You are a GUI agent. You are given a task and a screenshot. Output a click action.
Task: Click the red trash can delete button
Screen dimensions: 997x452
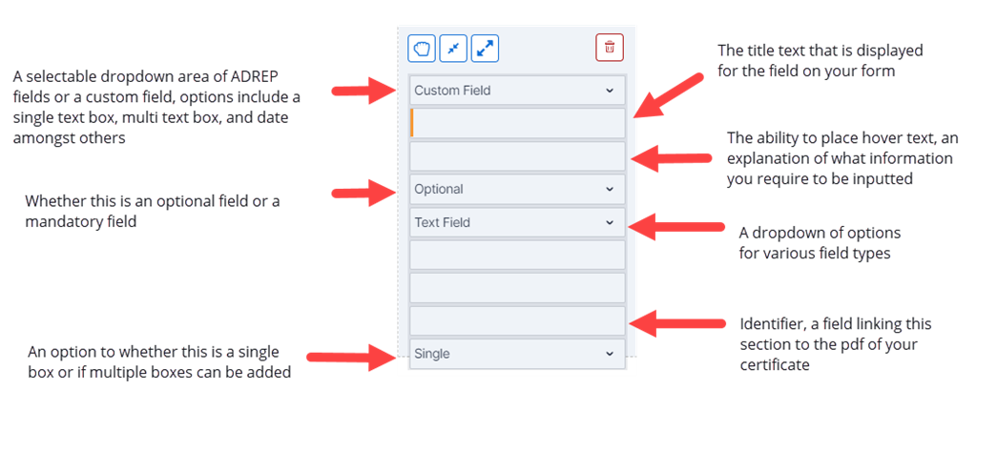click(610, 48)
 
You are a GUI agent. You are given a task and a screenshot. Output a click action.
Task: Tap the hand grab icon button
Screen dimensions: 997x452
click(423, 48)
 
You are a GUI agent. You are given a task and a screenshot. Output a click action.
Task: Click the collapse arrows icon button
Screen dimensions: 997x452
click(454, 48)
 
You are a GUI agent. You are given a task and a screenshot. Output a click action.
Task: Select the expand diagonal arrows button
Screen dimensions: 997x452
click(486, 48)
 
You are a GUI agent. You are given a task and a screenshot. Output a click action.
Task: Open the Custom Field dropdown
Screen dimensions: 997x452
click(517, 91)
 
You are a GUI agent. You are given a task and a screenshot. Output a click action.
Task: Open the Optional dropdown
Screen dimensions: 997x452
click(517, 189)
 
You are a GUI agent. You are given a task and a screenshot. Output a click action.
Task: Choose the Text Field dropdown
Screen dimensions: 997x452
click(517, 222)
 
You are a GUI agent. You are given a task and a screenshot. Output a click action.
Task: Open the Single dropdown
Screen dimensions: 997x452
click(517, 354)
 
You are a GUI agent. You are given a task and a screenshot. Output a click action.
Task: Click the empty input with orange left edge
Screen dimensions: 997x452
click(517, 123)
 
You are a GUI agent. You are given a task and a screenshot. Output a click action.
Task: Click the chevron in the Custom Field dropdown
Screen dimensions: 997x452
click(610, 91)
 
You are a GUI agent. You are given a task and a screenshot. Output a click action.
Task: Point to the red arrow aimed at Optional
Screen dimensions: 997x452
click(363, 191)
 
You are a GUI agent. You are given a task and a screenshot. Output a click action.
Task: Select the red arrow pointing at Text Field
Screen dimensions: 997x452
click(675, 226)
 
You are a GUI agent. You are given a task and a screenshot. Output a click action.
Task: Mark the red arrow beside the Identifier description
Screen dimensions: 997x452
click(676, 323)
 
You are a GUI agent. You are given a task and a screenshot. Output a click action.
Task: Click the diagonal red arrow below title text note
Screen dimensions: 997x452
click(668, 96)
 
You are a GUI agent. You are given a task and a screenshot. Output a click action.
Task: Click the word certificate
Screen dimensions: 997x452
click(775, 365)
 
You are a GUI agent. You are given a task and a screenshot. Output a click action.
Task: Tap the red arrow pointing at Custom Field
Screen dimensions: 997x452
click(363, 91)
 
